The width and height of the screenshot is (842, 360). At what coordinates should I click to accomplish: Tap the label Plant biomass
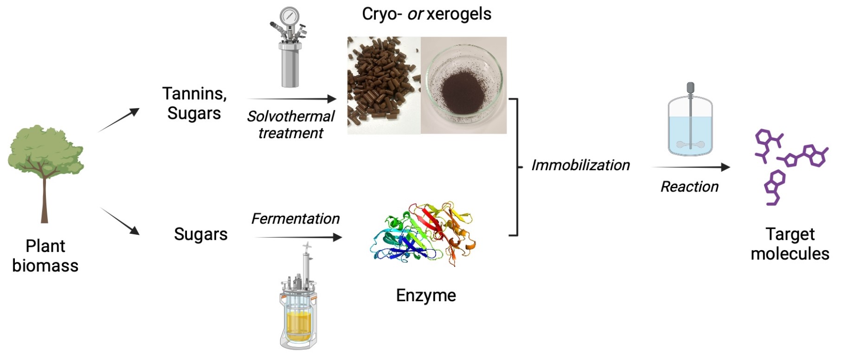click(x=45, y=256)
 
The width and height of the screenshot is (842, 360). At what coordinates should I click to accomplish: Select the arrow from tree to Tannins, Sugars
click(x=119, y=120)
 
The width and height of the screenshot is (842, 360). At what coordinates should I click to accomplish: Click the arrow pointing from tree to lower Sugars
click(x=120, y=221)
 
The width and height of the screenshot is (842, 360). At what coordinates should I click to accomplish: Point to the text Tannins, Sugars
click(x=194, y=103)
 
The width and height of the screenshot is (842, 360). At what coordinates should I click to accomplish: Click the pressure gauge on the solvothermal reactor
click(x=289, y=16)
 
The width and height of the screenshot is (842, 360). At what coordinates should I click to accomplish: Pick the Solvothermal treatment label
click(x=291, y=124)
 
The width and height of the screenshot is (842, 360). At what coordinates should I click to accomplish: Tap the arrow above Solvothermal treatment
click(x=292, y=99)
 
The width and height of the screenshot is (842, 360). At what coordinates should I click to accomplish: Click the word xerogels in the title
click(x=459, y=14)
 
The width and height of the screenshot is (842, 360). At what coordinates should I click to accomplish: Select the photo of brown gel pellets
click(x=384, y=85)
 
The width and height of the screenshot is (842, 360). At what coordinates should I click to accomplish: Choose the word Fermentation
click(x=296, y=219)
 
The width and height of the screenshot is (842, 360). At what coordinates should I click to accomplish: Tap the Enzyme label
click(x=426, y=295)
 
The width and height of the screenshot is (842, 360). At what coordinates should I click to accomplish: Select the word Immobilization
click(x=580, y=165)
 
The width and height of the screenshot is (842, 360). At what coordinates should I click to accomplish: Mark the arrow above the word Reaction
click(x=691, y=167)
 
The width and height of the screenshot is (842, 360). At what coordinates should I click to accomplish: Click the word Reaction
click(x=689, y=186)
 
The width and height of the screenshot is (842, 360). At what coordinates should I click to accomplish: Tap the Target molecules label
click(x=790, y=244)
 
